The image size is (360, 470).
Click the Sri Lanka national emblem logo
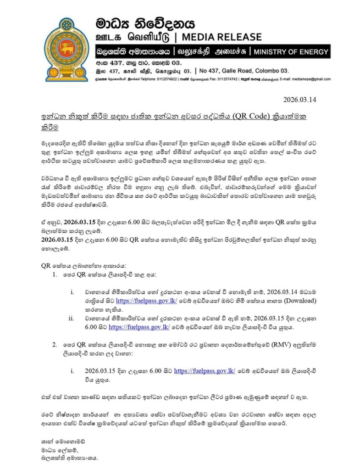click(66, 49)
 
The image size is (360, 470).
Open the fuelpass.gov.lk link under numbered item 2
click(204, 370)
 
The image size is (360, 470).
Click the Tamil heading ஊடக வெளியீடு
click(134, 37)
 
